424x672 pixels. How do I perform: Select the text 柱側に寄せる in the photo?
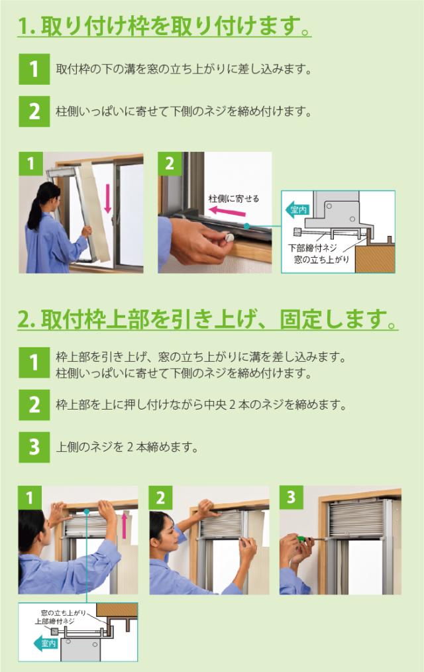coord(234,198)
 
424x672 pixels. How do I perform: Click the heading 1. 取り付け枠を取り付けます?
coord(164,28)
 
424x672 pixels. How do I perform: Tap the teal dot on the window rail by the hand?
coord(246,226)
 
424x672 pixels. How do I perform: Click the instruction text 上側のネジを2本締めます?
coord(128,447)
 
